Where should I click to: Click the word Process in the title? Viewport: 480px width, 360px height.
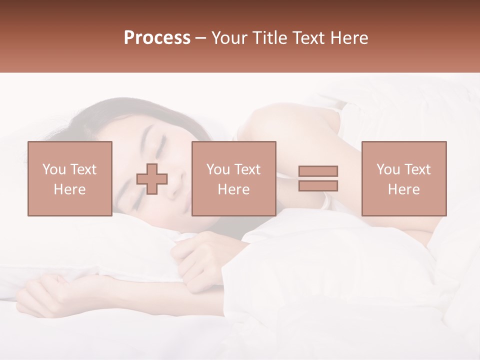[x=157, y=38]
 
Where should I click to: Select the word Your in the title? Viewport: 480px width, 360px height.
[x=229, y=38]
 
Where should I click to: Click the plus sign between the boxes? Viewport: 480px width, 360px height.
[x=152, y=179]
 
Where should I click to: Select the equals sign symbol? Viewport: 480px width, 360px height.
[x=318, y=178]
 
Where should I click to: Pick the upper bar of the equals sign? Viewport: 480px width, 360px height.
[x=318, y=171]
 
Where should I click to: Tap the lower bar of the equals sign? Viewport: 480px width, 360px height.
[x=318, y=186]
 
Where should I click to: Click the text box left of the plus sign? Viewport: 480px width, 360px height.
[x=69, y=178]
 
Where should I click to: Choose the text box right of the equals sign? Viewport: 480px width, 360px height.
[x=403, y=178]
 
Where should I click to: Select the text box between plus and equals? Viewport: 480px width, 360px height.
[x=233, y=178]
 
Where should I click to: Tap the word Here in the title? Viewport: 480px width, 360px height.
[x=349, y=38]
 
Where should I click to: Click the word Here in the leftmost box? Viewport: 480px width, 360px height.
[x=69, y=189]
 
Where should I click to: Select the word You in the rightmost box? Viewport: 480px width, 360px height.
[x=387, y=169]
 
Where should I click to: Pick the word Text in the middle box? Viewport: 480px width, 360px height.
[x=247, y=169]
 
